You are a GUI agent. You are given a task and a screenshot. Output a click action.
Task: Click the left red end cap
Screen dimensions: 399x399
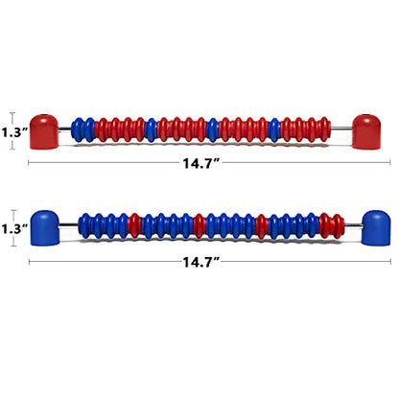coord(44,131)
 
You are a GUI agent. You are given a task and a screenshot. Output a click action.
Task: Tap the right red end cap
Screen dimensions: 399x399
coord(366,131)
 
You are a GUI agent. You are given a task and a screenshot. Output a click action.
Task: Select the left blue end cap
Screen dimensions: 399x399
coord(45,228)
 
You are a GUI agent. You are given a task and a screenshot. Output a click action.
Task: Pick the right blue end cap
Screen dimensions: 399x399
coord(376,228)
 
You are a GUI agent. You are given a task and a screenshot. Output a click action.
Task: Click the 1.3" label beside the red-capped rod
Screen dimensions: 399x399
coord(13,132)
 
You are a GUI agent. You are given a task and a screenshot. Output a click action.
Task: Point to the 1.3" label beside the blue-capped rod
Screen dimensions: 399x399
coord(13,229)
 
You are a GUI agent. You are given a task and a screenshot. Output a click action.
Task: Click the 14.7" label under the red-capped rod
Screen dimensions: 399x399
coord(201,163)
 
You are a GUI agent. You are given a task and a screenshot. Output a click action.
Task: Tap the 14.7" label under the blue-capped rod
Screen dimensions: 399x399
coord(201,262)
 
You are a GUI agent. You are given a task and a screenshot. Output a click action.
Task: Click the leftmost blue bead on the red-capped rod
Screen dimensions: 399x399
coord(77,129)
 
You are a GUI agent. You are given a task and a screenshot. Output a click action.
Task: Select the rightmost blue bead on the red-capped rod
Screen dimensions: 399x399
coord(273,129)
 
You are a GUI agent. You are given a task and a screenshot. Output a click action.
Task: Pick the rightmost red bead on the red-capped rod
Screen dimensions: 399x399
coord(325,129)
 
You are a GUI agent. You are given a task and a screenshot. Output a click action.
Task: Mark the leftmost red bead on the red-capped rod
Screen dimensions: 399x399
coord(102,129)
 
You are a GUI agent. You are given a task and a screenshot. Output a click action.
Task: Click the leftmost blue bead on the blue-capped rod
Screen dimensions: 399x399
coord(84,225)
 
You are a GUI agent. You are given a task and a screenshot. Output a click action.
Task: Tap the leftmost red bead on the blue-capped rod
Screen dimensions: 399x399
coord(134,225)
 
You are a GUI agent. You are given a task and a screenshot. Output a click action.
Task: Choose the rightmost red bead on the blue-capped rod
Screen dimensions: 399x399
coord(339,225)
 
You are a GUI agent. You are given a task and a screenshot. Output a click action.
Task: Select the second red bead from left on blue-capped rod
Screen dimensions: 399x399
coord(199,225)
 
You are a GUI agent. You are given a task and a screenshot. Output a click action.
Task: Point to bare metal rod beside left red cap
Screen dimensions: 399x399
coord(65,129)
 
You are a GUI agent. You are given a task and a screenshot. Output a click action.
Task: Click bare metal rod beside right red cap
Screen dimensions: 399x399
coord(341,129)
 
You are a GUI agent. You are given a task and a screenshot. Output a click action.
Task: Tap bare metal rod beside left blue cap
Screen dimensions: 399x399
coord(69,225)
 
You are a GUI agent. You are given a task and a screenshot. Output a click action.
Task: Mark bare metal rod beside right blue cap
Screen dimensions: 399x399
coord(353,225)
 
